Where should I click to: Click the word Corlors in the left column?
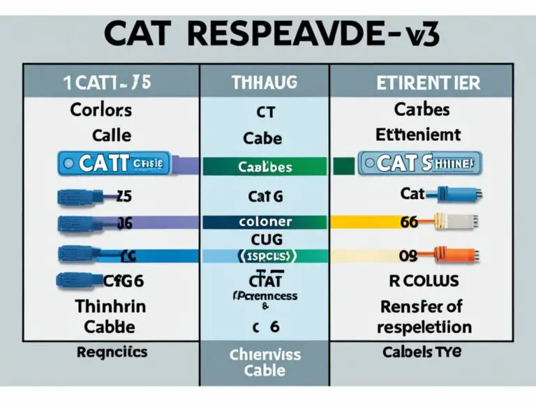[102, 110]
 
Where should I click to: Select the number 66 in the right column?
[408, 222]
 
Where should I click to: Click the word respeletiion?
[424, 327]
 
